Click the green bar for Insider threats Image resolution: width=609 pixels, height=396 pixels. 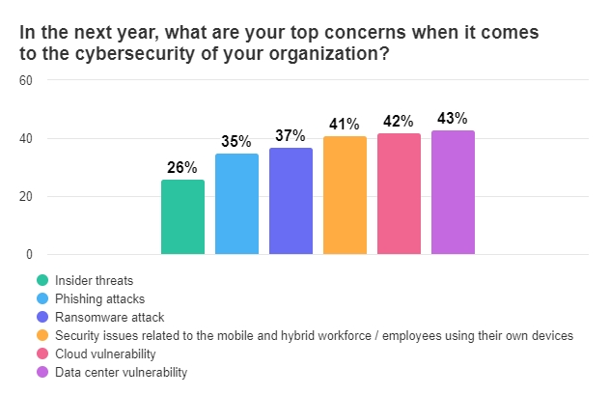pyautogui.click(x=182, y=217)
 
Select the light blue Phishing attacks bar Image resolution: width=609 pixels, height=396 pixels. pyautogui.click(x=236, y=204)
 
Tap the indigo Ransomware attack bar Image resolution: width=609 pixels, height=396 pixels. pyautogui.click(x=291, y=201)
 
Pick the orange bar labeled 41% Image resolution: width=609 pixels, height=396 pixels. pyautogui.click(x=345, y=195)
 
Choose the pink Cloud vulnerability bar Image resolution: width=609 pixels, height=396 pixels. pyautogui.click(x=399, y=194)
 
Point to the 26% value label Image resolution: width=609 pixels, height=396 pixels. pyautogui.click(x=183, y=167)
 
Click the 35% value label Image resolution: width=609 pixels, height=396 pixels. pyautogui.click(x=237, y=141)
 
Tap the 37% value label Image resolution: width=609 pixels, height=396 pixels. pyautogui.click(x=291, y=135)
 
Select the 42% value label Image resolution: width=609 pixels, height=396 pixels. pyautogui.click(x=399, y=122)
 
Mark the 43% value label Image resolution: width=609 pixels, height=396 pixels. pyautogui.click(x=453, y=119)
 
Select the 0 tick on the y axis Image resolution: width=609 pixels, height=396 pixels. pyautogui.click(x=30, y=255)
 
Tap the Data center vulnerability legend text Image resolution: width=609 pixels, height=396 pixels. pyautogui.click(x=120, y=372)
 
